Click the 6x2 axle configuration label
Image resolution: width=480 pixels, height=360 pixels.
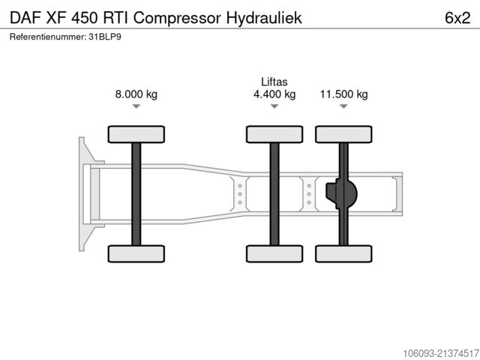(x=457, y=18)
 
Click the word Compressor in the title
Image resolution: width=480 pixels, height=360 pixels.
(x=177, y=18)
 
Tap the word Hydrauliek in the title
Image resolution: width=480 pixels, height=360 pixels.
(x=264, y=18)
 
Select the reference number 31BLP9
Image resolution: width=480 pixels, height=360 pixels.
(x=105, y=37)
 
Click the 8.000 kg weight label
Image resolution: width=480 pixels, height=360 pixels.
(x=136, y=94)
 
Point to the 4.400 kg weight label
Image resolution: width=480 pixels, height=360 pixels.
(x=274, y=94)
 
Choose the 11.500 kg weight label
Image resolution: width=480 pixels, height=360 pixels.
(x=343, y=94)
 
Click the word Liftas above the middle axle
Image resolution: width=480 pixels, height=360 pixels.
(x=274, y=82)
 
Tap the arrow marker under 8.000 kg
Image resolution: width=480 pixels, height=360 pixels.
(x=136, y=106)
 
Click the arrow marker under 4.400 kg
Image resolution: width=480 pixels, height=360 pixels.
(x=274, y=106)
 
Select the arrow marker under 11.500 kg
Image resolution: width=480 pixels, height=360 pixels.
(x=343, y=106)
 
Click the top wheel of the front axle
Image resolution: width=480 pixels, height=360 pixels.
(x=136, y=134)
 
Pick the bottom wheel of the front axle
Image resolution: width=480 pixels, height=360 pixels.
(x=136, y=253)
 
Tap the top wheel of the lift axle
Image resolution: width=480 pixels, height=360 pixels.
(x=274, y=134)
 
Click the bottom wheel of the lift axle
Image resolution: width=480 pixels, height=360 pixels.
(x=274, y=253)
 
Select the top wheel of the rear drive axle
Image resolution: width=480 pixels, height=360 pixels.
(x=343, y=134)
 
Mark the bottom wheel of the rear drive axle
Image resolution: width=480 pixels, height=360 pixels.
(x=343, y=253)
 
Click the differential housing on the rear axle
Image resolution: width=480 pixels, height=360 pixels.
(x=342, y=193)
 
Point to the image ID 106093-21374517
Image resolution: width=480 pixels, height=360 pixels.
(x=441, y=353)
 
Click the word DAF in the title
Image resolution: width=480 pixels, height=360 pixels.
(x=25, y=18)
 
